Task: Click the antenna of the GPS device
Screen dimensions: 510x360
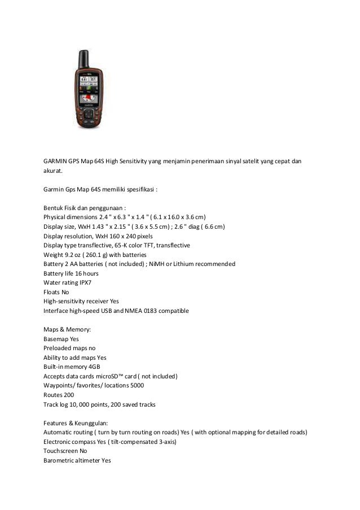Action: (82, 59)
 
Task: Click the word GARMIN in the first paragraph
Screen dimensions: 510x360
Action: (56, 161)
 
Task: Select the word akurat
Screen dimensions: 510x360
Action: (54, 171)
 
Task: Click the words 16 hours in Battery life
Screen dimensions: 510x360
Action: (87, 273)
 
